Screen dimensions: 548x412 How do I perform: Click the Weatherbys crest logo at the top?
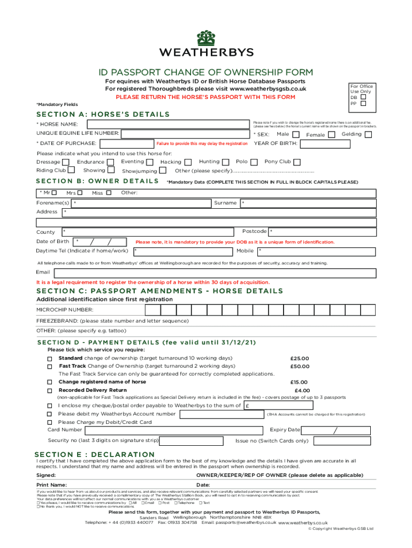point(206,38)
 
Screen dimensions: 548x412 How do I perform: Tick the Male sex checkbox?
point(295,134)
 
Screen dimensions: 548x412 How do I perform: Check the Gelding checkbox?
point(368,134)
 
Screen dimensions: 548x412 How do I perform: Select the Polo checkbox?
point(254,162)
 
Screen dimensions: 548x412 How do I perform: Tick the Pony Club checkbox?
point(297,162)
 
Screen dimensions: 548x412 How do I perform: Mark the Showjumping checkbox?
point(163,171)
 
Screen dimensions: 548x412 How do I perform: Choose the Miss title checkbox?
point(109,193)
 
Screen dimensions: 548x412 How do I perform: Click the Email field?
point(214,272)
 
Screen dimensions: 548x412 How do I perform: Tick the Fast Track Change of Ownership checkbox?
point(50,367)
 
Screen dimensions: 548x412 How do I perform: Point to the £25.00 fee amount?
point(300,359)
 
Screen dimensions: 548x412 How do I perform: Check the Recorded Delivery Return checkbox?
point(50,391)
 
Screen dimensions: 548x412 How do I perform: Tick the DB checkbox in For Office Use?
point(364,97)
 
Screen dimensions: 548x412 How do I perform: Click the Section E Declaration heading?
point(95,454)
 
